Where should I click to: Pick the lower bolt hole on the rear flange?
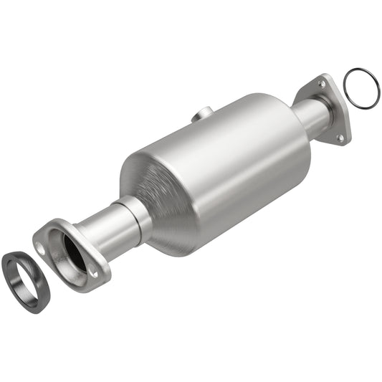click(340, 135)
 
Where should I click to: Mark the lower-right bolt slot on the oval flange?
click(93, 271)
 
